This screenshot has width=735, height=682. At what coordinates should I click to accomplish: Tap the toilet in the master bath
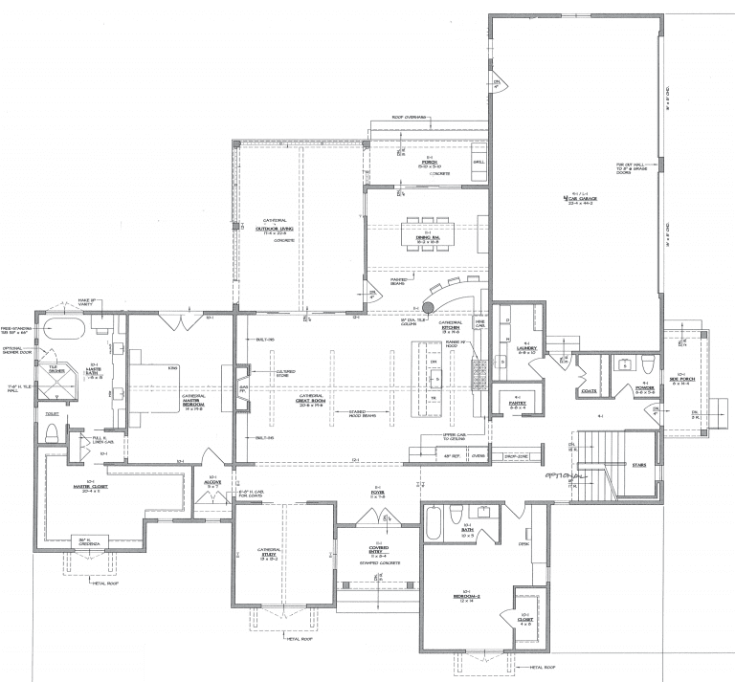click(x=52, y=431)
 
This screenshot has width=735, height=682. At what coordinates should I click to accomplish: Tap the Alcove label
click(x=212, y=484)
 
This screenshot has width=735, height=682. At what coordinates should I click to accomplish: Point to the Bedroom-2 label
click(x=469, y=596)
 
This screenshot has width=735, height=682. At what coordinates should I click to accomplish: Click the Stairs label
click(x=640, y=465)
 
